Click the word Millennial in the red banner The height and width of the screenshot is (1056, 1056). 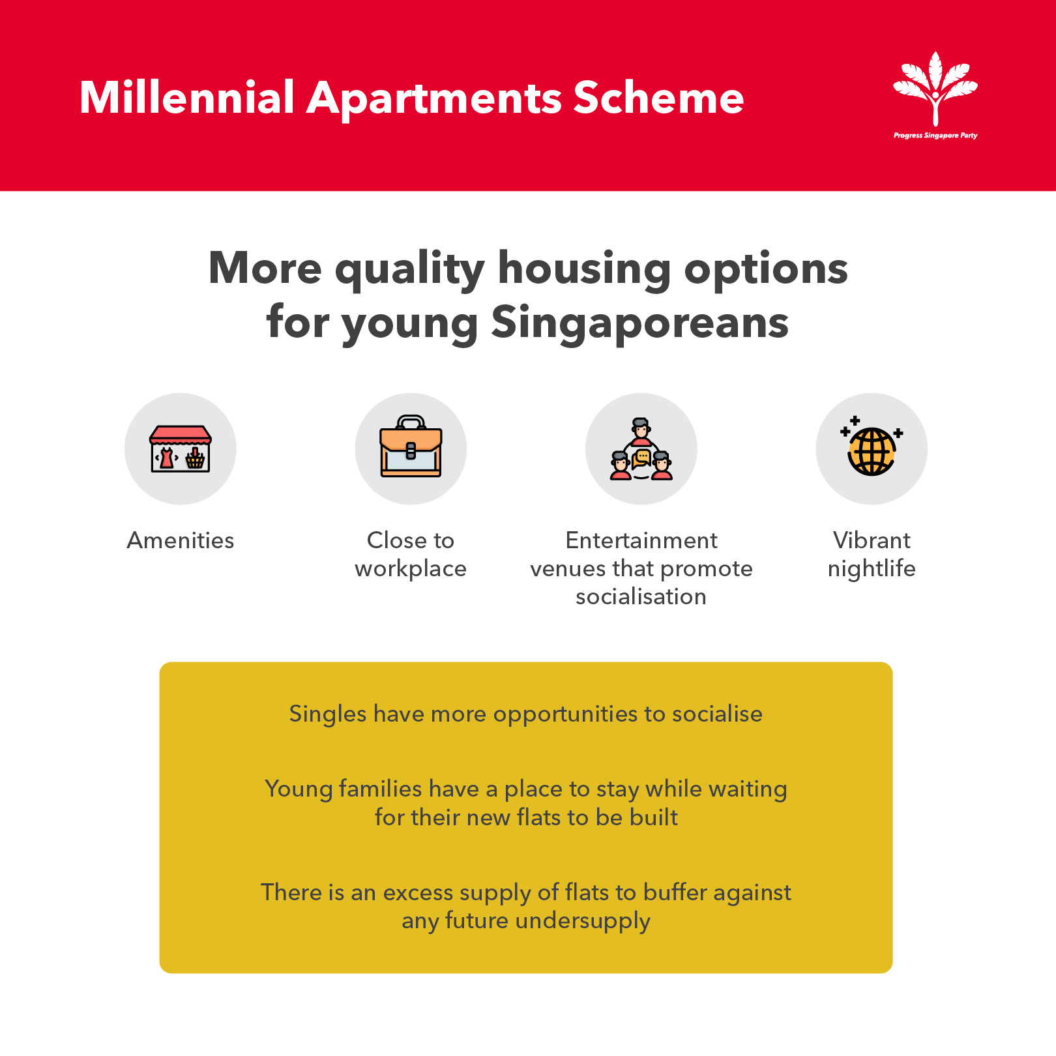point(187,98)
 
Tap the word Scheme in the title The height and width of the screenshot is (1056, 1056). point(658,98)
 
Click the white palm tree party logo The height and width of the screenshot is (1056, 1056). point(935,89)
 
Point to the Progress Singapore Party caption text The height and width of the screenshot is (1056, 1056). point(935,136)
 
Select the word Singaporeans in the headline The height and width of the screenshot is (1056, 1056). point(639,322)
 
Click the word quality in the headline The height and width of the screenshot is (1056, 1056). point(409,269)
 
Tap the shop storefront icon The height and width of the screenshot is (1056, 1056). point(181,448)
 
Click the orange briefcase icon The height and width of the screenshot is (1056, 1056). point(411,447)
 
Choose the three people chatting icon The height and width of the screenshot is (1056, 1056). point(641,448)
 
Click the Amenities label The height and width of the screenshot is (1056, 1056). point(181,540)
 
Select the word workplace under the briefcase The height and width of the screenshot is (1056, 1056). point(411,569)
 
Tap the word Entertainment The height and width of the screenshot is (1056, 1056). point(641,540)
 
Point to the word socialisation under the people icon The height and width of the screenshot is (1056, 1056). point(641,596)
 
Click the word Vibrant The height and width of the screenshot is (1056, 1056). point(872,540)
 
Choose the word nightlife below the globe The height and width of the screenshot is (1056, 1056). point(872,569)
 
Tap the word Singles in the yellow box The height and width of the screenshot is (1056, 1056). point(328,714)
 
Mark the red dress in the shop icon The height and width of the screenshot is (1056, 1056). point(167,458)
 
